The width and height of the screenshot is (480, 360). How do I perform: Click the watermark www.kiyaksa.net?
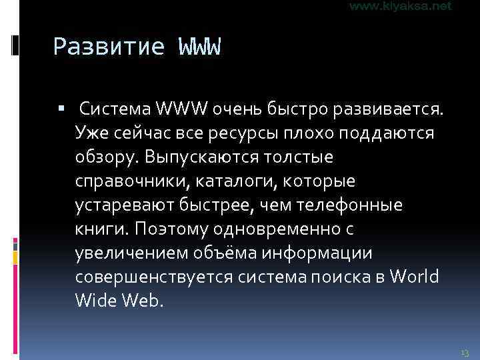[x=400, y=6]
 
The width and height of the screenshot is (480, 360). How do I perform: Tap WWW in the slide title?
[x=199, y=47]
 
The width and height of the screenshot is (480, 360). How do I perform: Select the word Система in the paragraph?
[x=115, y=109]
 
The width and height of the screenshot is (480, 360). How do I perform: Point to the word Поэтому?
[x=171, y=229]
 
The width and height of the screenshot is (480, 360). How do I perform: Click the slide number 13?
[x=465, y=351]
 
